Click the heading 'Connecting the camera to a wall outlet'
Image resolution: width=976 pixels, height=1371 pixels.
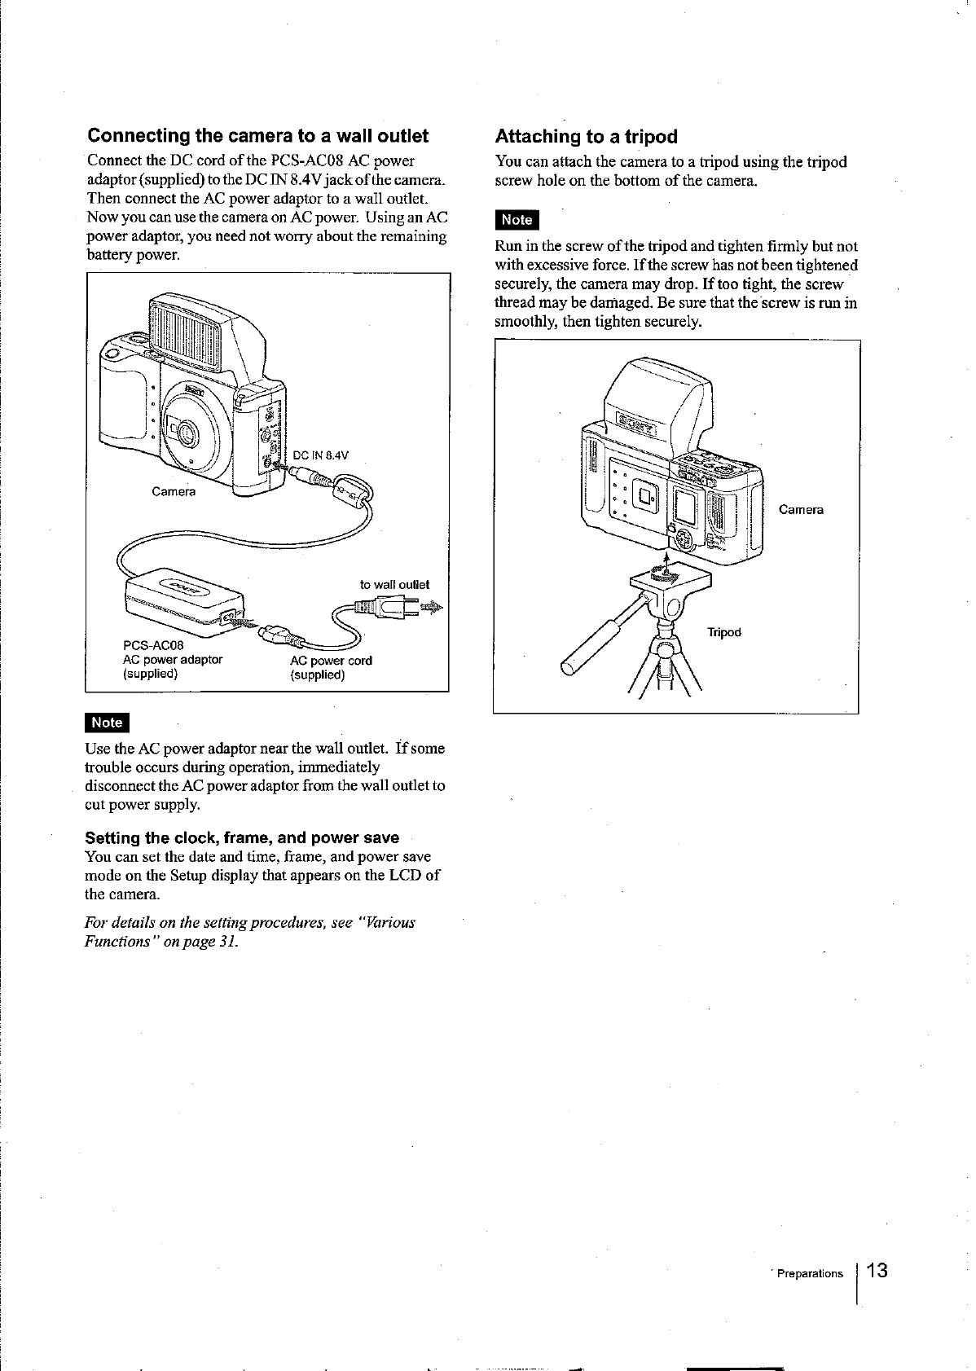tap(258, 135)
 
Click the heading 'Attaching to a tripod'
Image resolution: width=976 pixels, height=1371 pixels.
tap(586, 136)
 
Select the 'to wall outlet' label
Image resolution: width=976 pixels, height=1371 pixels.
tap(394, 584)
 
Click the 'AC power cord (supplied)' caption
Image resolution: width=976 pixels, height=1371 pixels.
tap(331, 667)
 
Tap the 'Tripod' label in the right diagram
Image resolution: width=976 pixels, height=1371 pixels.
tap(723, 632)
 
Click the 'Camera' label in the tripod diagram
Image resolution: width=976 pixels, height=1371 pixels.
tap(801, 510)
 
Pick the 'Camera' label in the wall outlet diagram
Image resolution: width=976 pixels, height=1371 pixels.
tap(174, 491)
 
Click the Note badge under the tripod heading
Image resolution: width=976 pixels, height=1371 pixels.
tap(517, 219)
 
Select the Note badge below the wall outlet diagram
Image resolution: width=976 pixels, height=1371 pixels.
tap(107, 722)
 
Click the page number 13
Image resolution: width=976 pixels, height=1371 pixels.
tap(877, 1271)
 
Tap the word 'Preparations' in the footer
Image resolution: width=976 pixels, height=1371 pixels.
tap(810, 1273)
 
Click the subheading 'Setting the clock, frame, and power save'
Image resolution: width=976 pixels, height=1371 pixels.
tap(242, 837)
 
